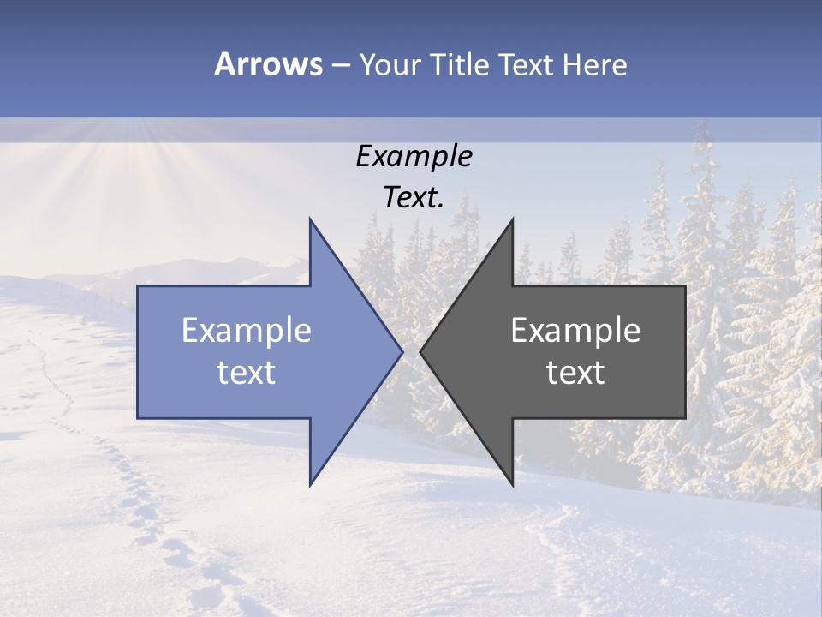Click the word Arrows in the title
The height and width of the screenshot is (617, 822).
[268, 64]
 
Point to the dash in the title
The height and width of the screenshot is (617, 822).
[340, 65]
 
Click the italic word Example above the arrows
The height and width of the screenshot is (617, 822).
[414, 157]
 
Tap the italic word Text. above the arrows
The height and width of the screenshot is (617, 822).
[414, 198]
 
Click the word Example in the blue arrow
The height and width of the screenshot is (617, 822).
[247, 331]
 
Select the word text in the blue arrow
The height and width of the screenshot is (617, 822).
[247, 373]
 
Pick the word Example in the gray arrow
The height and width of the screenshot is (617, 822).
[575, 331]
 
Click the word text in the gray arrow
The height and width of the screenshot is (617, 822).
[575, 373]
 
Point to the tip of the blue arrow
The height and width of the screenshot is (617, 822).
[402, 351]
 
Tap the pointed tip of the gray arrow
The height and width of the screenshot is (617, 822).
[420, 351]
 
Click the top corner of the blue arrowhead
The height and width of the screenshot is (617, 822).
[310, 219]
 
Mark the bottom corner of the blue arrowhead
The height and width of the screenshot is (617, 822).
[310, 486]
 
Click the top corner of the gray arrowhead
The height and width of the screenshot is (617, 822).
[513, 219]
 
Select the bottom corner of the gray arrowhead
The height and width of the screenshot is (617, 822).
[513, 486]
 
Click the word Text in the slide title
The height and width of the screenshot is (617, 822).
[525, 64]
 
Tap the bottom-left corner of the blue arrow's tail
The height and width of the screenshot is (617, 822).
[138, 418]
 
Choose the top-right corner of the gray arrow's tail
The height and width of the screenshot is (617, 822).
[685, 286]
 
